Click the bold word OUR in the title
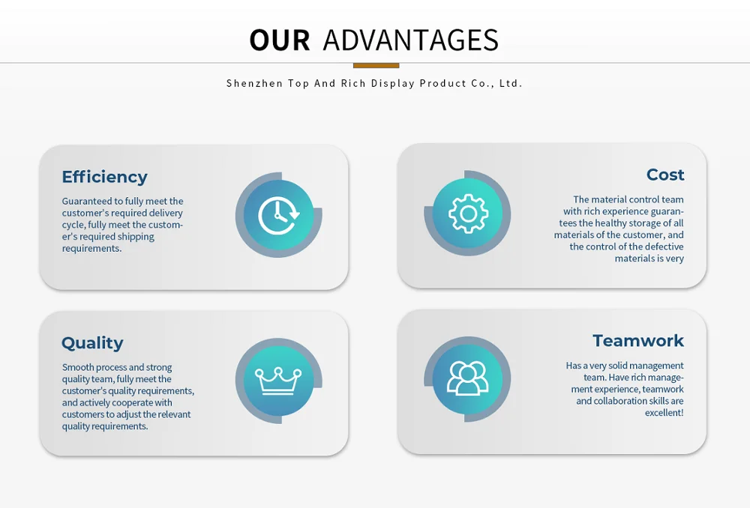[x=279, y=40]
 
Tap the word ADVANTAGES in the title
[x=410, y=40]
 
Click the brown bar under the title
[x=375, y=65]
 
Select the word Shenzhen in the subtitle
[x=254, y=83]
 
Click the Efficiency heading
[x=104, y=177]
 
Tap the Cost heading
[x=665, y=175]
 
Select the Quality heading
[x=92, y=343]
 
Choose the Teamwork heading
[x=638, y=341]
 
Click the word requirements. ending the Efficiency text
[x=91, y=249]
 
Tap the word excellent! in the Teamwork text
[x=664, y=413]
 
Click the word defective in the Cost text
[x=663, y=247]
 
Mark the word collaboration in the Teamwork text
[x=621, y=401]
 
